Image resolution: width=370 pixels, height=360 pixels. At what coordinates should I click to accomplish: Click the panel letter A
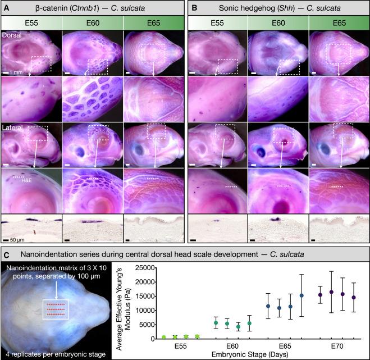tap(6, 7)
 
